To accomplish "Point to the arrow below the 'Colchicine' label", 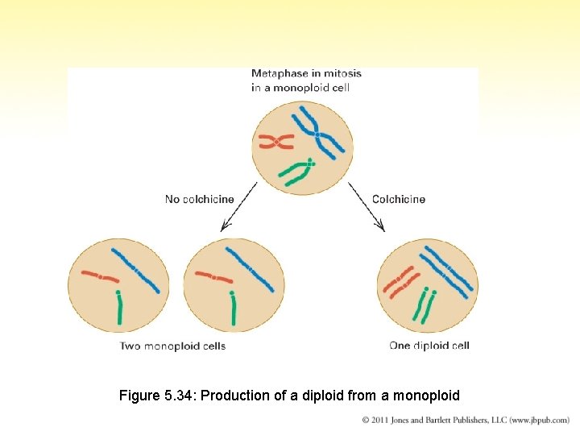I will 367,208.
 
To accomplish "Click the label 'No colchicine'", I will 200,199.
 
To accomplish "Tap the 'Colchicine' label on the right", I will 398,199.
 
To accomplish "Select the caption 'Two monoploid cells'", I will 172,346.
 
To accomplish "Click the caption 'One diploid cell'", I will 429,346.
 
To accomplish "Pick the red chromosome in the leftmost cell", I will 100,275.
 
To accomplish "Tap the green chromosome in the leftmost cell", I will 119,309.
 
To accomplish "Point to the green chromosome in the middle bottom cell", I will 234,309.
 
